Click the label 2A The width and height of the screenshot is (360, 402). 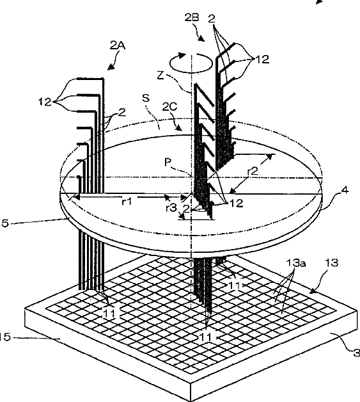point(118,45)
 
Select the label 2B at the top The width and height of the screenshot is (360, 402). point(192,17)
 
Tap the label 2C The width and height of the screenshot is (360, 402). point(169,107)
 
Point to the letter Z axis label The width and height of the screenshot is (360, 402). point(160,76)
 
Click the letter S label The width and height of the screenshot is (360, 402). point(146,98)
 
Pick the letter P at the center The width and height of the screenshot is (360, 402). point(168,163)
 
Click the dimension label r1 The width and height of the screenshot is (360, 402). point(127,202)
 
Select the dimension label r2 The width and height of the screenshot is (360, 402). point(253,172)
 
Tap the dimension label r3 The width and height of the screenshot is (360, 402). point(171,208)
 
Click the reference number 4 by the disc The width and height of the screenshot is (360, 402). point(345,190)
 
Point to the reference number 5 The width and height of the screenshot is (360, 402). point(5,223)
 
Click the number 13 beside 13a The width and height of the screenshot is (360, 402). point(332,263)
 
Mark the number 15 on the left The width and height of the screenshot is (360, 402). point(5,337)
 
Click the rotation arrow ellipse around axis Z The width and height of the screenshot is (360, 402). point(192,63)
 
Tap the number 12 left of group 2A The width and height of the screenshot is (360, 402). point(45,102)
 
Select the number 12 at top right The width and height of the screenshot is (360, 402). point(263,60)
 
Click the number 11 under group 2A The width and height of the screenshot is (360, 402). point(109,313)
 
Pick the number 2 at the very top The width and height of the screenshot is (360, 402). point(212,19)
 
